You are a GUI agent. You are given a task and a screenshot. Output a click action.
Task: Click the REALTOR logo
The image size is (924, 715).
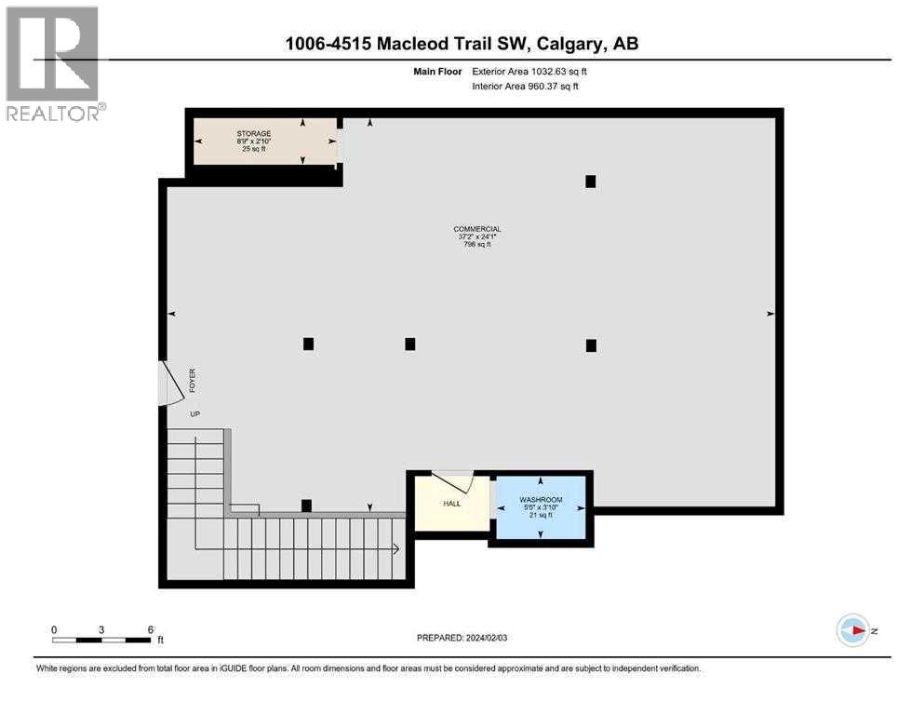coord(53,64)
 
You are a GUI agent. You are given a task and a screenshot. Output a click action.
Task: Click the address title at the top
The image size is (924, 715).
coord(462,43)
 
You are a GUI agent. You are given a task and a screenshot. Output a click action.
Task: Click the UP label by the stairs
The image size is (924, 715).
coord(195,414)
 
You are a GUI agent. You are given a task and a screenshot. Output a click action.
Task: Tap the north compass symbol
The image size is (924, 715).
coord(853,631)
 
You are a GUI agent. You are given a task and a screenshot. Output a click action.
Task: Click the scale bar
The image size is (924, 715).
coord(102,640)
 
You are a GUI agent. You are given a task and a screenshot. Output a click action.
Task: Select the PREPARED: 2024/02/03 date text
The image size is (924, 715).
coord(462,638)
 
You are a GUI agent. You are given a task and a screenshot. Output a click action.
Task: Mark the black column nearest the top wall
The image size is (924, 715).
coord(590,182)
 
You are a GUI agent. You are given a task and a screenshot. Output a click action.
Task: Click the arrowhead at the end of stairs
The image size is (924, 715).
coord(397,550)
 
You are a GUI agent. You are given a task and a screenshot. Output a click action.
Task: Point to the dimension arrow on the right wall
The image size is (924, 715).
coord(770,315)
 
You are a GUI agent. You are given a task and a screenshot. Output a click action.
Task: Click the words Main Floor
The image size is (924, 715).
coord(436,70)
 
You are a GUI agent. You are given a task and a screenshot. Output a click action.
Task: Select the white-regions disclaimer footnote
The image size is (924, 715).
coord(368,668)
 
